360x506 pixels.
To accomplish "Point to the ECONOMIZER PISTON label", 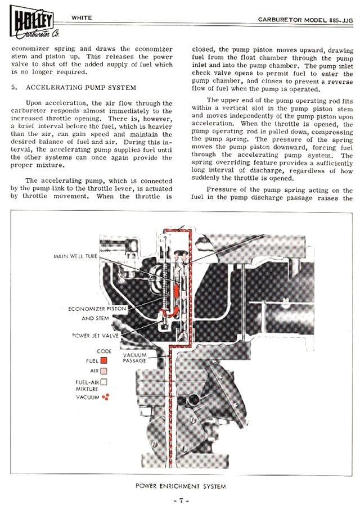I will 97,309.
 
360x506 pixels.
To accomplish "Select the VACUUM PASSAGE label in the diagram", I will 135,358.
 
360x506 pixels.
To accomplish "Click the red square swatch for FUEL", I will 104,360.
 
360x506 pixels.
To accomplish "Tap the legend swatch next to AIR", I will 104,371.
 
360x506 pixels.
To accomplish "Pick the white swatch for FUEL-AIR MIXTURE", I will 104,382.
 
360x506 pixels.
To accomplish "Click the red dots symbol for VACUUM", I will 105,397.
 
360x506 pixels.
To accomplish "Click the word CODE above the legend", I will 104,351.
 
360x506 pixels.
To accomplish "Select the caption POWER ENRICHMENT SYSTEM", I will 179,485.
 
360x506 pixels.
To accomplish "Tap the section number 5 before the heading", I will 13,88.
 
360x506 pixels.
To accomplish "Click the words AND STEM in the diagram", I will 96,318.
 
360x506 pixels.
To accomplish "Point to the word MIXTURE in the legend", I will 87,388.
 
